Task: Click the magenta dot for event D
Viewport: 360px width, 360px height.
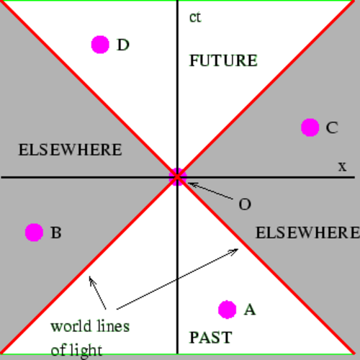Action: click(100, 45)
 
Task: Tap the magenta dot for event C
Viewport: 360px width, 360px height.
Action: click(310, 127)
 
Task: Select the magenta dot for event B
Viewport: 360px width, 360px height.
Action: click(34, 233)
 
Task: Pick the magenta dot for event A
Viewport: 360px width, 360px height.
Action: click(228, 310)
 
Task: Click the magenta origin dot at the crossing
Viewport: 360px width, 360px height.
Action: click(178, 177)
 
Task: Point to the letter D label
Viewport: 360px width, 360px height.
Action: click(123, 45)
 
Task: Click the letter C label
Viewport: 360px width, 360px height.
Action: click(332, 127)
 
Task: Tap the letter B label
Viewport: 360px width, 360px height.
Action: click(56, 233)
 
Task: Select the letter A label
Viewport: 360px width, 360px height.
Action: click(250, 310)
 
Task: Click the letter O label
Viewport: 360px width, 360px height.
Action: click(245, 204)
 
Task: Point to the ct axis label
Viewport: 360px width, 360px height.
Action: click(195, 17)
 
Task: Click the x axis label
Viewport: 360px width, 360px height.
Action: click(343, 166)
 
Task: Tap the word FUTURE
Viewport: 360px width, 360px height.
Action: click(223, 60)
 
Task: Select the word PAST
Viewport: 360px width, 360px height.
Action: click(210, 338)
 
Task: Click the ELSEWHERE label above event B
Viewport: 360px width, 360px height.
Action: click(70, 150)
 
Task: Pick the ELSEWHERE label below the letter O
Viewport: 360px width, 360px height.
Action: click(307, 233)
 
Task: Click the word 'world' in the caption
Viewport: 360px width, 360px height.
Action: click(71, 326)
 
